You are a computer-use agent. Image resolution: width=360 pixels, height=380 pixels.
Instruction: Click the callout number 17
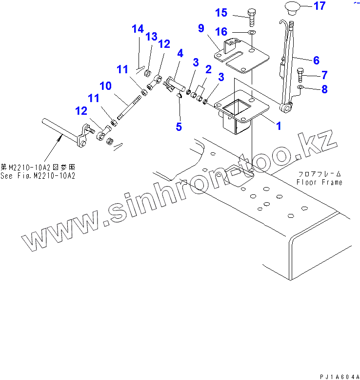(x=319, y=6)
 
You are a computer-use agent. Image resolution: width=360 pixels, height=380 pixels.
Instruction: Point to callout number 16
(x=221, y=32)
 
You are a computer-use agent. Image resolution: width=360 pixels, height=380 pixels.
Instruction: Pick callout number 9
(x=201, y=28)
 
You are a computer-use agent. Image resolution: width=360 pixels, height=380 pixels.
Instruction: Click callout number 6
(x=316, y=61)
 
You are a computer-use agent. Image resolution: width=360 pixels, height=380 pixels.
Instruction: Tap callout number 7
(x=324, y=75)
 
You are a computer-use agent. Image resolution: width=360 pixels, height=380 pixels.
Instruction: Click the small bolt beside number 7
(x=300, y=76)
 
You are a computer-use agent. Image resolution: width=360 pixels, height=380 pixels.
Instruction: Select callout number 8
(x=324, y=89)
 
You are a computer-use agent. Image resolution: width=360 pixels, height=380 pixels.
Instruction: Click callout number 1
(x=279, y=126)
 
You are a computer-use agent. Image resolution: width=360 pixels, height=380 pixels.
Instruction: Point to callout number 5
(x=179, y=127)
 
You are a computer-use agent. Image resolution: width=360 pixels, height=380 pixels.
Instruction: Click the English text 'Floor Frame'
(x=319, y=182)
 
